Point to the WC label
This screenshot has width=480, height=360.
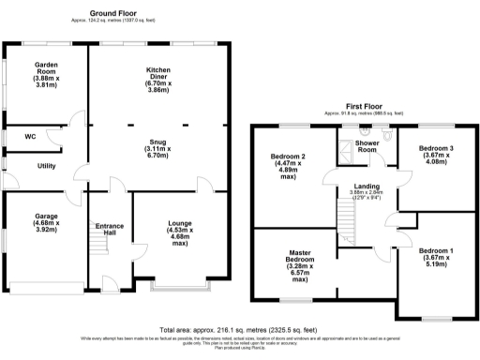30,136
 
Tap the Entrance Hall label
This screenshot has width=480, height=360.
111,231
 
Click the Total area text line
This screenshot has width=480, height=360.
239,330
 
